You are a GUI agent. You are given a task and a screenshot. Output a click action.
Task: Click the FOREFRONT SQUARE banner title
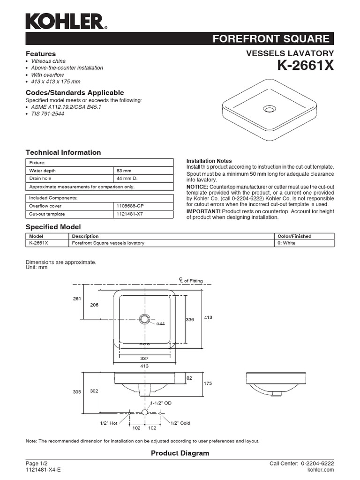click(271, 39)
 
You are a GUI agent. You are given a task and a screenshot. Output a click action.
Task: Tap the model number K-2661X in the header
click(306, 66)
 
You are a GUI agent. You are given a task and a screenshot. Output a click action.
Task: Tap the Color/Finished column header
click(294, 236)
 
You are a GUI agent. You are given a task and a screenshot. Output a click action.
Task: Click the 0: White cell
click(287, 243)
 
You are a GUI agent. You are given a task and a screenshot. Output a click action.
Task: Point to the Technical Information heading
click(63, 152)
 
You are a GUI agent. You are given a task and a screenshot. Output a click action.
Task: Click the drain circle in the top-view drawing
click(144, 319)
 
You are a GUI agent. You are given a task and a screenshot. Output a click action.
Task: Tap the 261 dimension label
click(77, 299)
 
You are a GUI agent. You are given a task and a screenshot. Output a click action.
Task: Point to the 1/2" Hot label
click(108, 423)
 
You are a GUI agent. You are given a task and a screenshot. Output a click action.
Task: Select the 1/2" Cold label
click(180, 423)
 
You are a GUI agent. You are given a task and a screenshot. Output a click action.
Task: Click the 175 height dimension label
click(208, 383)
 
